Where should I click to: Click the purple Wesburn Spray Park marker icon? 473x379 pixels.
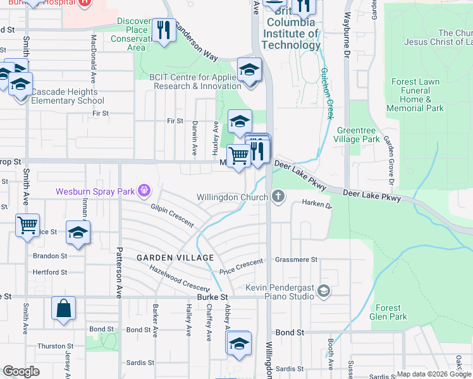pos(145,189)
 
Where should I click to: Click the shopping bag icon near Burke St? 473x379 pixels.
pos(63,310)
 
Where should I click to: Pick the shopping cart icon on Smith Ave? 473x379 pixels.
pos(27,225)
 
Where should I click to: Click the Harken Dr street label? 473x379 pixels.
pos(316,205)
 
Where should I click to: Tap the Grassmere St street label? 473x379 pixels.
pos(296,260)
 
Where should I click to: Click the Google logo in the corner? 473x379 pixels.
pos(21,371)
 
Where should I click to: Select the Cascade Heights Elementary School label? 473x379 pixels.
pos(67,96)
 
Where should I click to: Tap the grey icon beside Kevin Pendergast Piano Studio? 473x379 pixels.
pos(324,291)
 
